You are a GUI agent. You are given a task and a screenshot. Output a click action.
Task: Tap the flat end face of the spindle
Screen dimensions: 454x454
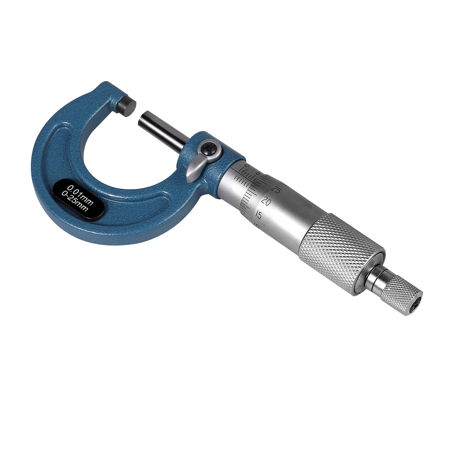point(144,119)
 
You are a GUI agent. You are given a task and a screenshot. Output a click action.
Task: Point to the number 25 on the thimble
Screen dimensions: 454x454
point(276,190)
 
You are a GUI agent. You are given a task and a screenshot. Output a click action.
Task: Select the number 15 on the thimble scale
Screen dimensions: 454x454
point(258,215)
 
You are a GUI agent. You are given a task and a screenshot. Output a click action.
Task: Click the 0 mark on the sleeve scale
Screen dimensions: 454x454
point(247,166)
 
